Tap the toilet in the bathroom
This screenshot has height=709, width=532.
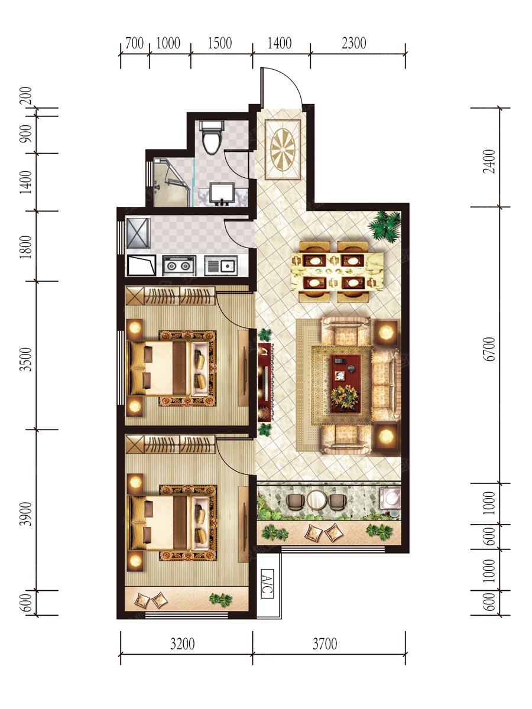[212, 136]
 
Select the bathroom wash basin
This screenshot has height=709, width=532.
[222, 193]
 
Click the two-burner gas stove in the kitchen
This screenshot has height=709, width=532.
[179, 265]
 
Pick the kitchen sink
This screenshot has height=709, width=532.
[221, 265]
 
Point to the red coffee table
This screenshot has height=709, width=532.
[345, 383]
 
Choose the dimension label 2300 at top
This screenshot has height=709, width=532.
[354, 43]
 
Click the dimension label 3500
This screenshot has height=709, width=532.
[26, 359]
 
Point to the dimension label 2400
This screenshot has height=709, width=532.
[489, 161]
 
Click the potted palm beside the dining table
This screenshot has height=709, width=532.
[385, 226]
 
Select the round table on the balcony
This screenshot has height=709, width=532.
[316, 500]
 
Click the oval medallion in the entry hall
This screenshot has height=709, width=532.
[283, 149]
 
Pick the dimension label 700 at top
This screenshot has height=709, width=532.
[134, 43]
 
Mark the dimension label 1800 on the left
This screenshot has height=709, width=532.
[26, 247]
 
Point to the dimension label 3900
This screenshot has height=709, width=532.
[26, 514]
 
